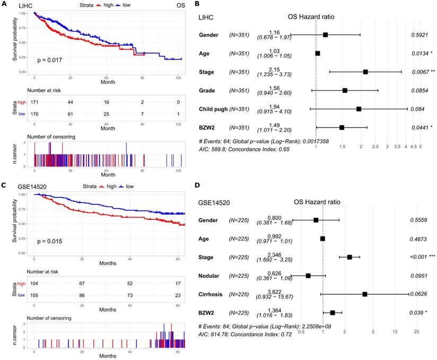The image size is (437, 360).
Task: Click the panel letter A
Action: click(4, 5)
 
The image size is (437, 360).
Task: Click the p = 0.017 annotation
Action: click(50, 60)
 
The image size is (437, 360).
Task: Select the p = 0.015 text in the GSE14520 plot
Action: click(50, 242)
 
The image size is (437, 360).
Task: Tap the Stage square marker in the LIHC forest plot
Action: click(365, 72)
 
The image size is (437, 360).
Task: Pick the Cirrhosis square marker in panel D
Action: click(365, 294)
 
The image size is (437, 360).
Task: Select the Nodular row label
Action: click(211, 275)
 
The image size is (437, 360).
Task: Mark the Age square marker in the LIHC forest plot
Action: click(318, 53)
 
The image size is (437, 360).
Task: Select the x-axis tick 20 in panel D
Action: click(416, 331)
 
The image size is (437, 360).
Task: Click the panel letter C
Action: click(4, 186)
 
